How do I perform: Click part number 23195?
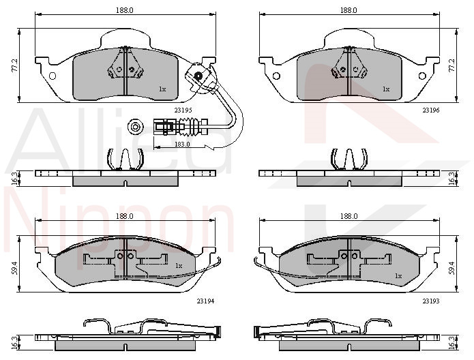[183, 110]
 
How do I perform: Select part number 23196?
[431, 110]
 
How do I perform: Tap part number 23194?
[205, 301]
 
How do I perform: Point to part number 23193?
[431, 301]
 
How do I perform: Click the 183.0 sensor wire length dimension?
[182, 144]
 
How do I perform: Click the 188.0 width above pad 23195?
[125, 10]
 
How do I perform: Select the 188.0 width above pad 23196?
[349, 10]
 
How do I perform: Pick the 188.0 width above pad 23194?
[125, 216]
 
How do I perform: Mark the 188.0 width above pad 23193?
[349, 216]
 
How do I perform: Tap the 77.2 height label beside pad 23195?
[15, 65]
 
